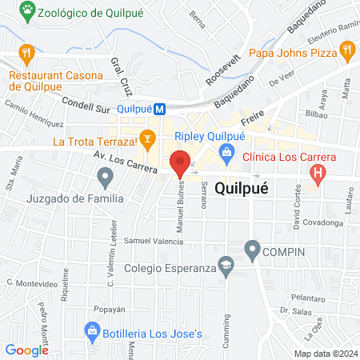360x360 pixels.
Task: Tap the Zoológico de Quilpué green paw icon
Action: tap(29, 11)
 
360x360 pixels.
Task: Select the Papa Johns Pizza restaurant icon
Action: tap(347, 53)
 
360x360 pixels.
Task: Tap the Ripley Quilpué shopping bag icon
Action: tap(228, 151)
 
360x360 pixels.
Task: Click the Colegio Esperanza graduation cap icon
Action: tap(228, 269)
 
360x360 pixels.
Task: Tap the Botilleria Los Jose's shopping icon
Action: tap(93, 330)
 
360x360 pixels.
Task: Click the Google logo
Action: tap(27, 350)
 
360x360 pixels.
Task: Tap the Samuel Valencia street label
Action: tap(149, 240)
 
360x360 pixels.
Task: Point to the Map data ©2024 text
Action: tap(325, 353)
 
